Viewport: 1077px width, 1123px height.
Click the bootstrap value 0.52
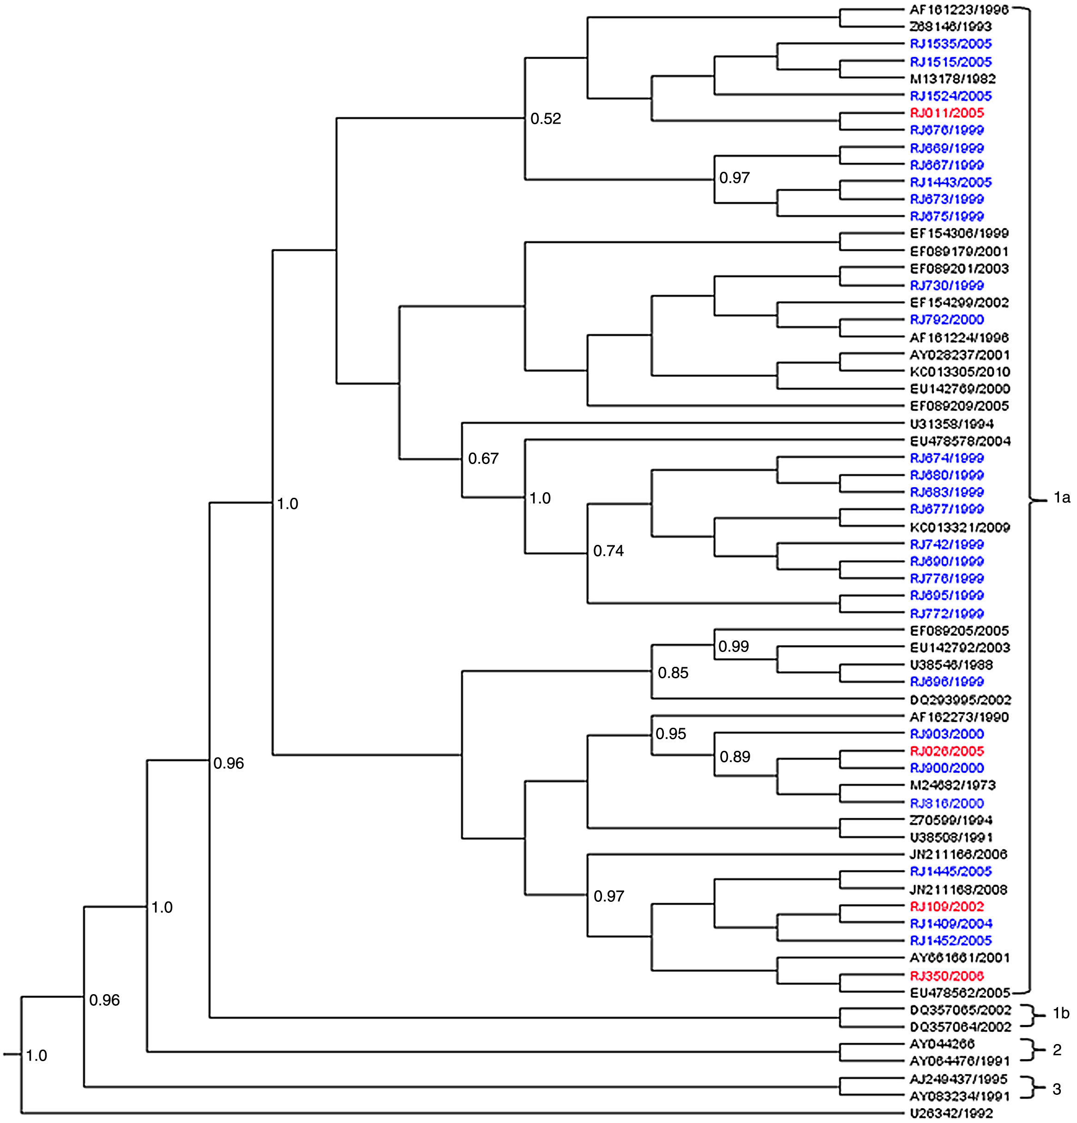[x=545, y=119]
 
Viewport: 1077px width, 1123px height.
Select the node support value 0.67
[x=483, y=459]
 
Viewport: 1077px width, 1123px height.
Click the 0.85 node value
[x=673, y=673]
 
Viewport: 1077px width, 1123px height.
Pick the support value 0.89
[x=734, y=757]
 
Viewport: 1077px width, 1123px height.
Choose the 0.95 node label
[x=670, y=733]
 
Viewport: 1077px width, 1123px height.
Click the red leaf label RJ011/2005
[x=946, y=113]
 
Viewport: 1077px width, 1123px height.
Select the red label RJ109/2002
[x=946, y=906]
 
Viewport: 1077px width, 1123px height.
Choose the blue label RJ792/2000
[x=946, y=319]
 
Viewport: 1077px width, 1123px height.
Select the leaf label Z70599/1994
[x=951, y=820]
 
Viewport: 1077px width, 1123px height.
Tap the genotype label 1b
[x=1061, y=1013]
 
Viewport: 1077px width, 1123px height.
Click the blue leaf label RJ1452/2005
[x=951, y=940]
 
